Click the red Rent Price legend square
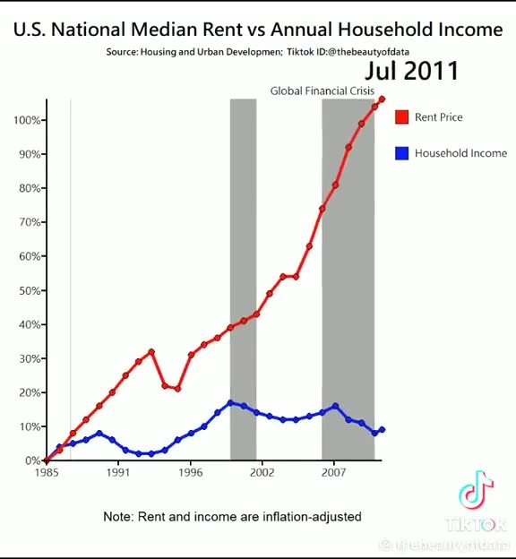click(x=401, y=117)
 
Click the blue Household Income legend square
click(x=401, y=153)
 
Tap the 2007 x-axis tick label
click(x=334, y=472)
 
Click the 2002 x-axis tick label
click(x=261, y=472)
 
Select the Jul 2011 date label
click(x=411, y=71)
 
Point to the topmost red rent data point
click(x=383, y=99)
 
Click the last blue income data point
click(x=383, y=430)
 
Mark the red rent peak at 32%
click(x=151, y=352)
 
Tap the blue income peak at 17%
click(x=230, y=403)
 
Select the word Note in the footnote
click(x=117, y=517)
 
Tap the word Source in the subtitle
click(x=121, y=52)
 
